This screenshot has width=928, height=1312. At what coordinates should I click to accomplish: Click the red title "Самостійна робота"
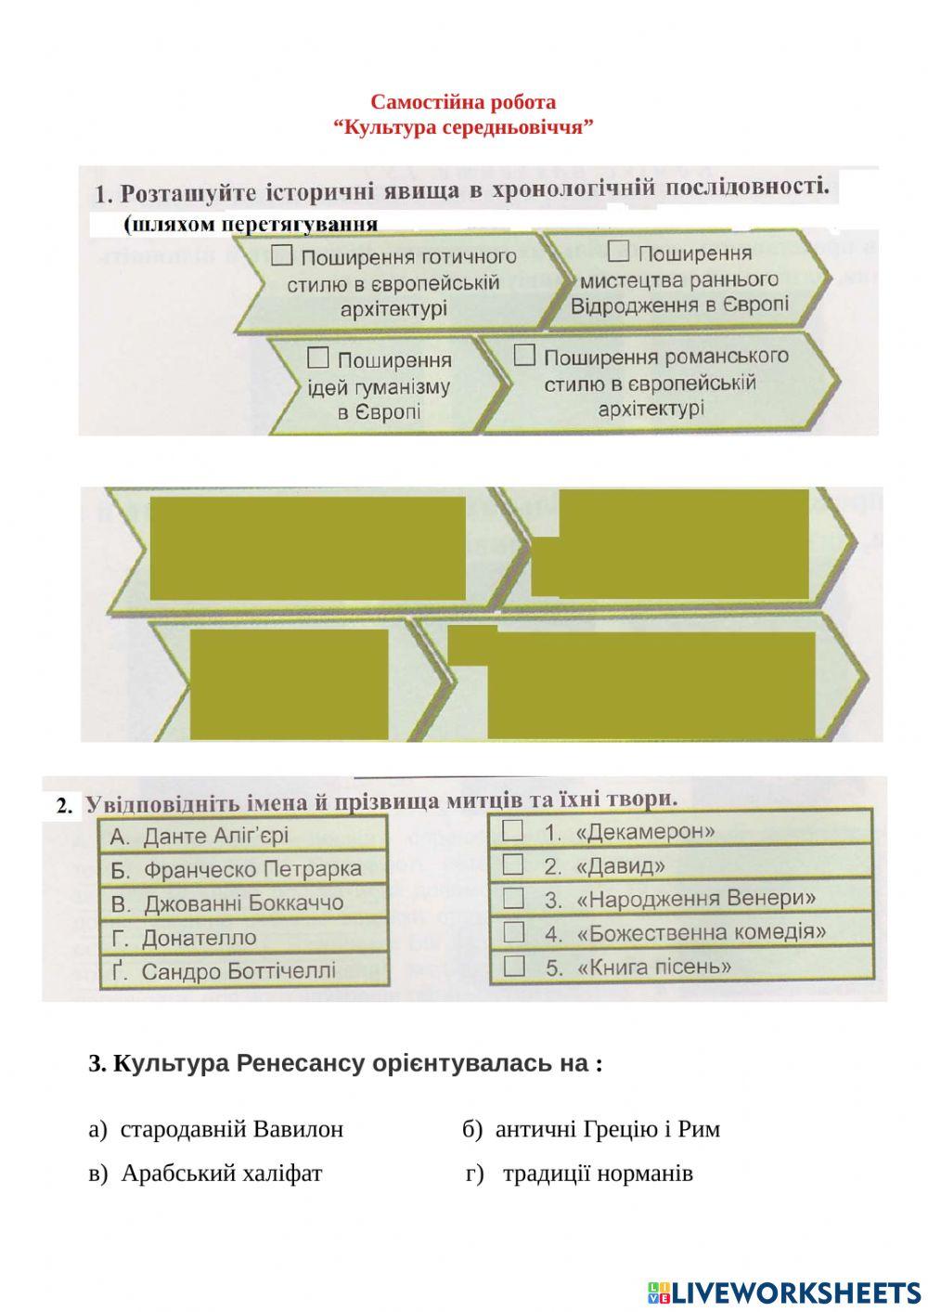(463, 102)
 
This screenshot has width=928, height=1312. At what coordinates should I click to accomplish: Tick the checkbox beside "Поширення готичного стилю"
(282, 255)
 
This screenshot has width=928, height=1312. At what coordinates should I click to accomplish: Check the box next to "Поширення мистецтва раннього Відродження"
(618, 252)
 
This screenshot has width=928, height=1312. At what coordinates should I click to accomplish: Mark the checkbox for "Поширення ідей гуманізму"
(317, 357)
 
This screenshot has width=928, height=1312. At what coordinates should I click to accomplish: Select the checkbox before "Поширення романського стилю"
(524, 356)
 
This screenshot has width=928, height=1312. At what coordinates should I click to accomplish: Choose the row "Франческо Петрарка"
(243, 870)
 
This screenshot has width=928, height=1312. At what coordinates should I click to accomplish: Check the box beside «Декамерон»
(513, 830)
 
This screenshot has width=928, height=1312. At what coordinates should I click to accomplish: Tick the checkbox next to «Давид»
(513, 864)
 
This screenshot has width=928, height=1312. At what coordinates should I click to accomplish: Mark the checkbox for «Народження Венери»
(513, 898)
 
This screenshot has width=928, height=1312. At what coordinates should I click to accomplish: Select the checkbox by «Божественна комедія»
(513, 931)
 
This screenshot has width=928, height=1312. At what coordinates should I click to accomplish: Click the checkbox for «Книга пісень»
(513, 966)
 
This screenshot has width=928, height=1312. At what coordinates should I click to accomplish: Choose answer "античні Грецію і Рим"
(607, 1129)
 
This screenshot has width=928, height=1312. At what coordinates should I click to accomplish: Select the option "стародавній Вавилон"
(231, 1129)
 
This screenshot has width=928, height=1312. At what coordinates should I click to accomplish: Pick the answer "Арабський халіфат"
(221, 1174)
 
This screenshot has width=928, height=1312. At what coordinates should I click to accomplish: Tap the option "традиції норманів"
(597, 1174)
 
